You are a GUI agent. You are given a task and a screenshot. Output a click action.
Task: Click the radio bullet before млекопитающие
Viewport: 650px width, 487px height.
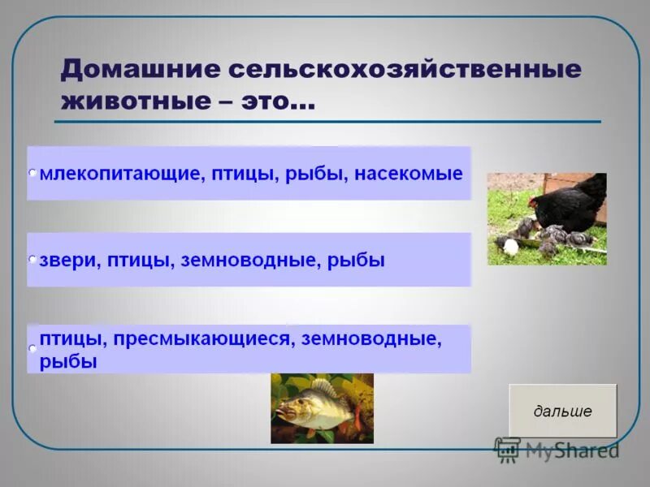pyautogui.click(x=32, y=174)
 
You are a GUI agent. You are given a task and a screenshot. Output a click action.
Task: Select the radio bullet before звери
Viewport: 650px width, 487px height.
pyautogui.click(x=32, y=260)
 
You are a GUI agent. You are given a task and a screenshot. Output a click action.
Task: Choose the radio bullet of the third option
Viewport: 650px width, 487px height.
pyautogui.click(x=32, y=348)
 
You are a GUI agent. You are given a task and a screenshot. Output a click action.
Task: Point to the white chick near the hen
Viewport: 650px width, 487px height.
pyautogui.click(x=511, y=246)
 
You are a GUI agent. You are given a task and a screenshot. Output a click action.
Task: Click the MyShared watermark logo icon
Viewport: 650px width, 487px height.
pyautogui.click(x=508, y=450)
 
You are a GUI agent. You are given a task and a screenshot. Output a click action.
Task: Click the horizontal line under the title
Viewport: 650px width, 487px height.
pyautogui.click(x=325, y=122)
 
